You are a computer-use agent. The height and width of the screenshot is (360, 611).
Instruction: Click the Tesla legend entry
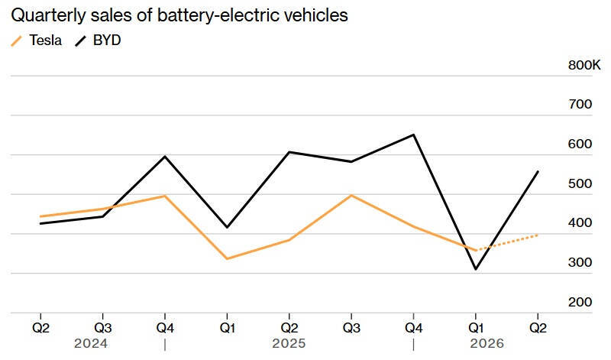(36, 41)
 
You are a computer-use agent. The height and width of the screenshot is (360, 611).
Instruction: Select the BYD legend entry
(98, 41)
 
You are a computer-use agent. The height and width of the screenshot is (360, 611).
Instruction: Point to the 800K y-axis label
(584, 65)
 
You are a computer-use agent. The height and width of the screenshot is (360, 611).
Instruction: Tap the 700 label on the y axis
(580, 104)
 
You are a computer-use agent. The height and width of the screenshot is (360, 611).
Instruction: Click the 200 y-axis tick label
(580, 302)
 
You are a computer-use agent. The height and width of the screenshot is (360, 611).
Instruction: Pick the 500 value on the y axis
(580, 183)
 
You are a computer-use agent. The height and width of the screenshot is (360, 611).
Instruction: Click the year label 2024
(91, 344)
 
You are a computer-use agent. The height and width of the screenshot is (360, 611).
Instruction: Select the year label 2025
(289, 344)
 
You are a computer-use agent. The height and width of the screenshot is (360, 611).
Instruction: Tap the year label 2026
(487, 344)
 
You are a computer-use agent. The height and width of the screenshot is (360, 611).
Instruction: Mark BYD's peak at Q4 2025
(413, 135)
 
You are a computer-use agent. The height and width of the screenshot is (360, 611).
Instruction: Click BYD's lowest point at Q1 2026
(476, 269)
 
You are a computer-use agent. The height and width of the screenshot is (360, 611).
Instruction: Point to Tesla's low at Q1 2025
(227, 258)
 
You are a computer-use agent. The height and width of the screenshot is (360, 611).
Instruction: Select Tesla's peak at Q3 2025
(351, 195)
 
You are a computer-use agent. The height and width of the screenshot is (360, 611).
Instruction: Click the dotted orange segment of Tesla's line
(507, 242)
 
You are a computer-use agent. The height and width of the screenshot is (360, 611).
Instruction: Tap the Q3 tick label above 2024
(103, 328)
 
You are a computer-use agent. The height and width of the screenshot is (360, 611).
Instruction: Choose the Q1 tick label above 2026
(476, 328)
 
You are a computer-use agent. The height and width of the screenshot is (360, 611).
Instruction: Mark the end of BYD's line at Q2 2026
(538, 171)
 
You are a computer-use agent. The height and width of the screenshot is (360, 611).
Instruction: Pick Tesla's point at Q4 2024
(165, 196)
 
